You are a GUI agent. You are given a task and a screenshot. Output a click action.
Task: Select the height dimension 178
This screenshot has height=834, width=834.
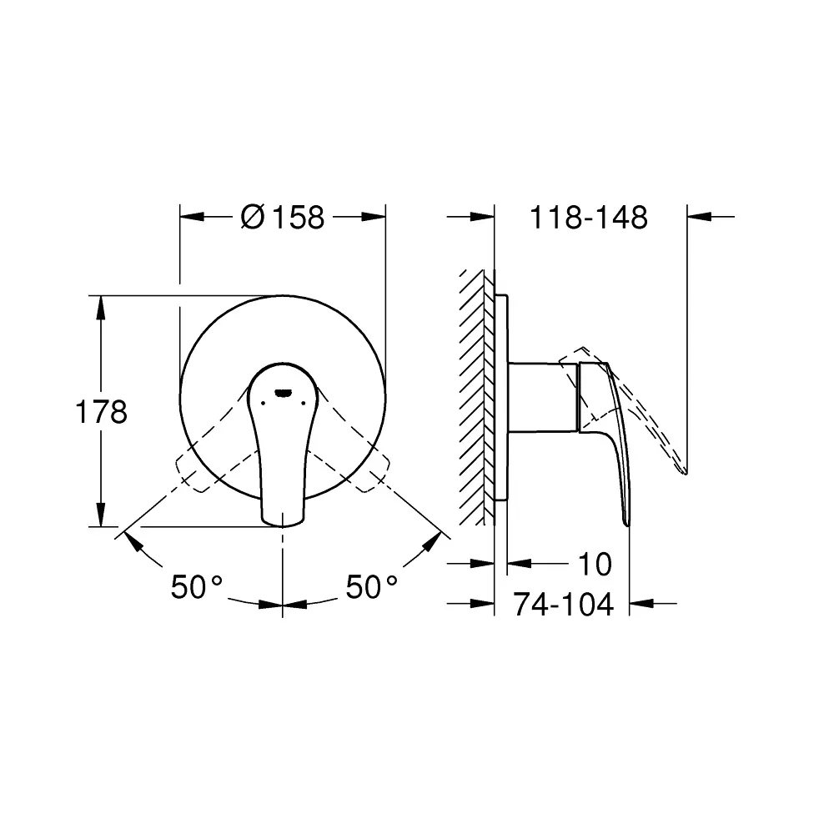pyautogui.click(x=101, y=412)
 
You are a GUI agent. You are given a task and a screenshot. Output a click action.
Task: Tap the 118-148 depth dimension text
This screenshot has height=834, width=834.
pyautogui.click(x=589, y=218)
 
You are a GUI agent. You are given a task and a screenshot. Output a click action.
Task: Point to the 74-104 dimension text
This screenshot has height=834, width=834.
pyautogui.click(x=563, y=604)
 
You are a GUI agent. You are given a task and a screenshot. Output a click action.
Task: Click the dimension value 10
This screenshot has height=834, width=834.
pyautogui.click(x=595, y=565)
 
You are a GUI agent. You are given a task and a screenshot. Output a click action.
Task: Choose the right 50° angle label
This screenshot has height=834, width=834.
pyautogui.click(x=372, y=588)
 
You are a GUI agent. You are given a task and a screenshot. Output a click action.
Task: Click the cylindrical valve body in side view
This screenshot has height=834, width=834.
pyautogui.click(x=542, y=398)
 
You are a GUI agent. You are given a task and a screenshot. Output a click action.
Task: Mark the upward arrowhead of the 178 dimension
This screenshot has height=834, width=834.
pyautogui.click(x=101, y=307)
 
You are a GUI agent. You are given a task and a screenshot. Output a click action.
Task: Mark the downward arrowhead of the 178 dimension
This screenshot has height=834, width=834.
pyautogui.click(x=101, y=515)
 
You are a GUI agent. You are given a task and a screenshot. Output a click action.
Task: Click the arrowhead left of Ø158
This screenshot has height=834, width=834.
pyautogui.click(x=193, y=218)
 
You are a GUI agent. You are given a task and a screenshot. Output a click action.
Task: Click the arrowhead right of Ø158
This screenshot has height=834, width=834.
pyautogui.click(x=374, y=218)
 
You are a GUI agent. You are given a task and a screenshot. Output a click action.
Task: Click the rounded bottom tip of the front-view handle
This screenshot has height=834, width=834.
pyautogui.click(x=283, y=520)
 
